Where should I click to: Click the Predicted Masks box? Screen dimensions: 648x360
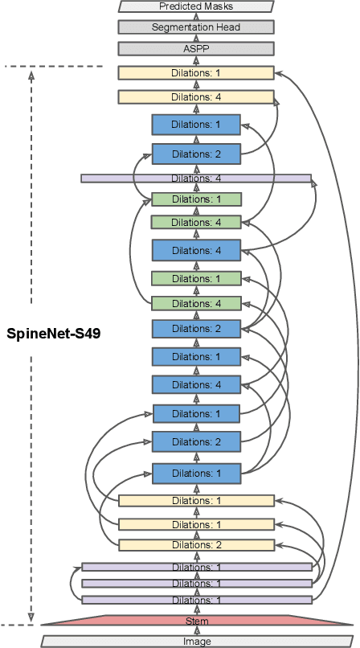pyautogui.click(x=196, y=6)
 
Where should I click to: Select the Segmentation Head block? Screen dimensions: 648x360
pyautogui.click(x=196, y=27)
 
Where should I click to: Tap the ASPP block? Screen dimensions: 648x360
pyautogui.click(x=196, y=48)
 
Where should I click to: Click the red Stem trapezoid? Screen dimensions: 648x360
pyautogui.click(x=196, y=621)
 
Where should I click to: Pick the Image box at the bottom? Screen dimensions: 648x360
pyautogui.click(x=196, y=642)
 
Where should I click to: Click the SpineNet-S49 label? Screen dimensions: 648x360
pyautogui.click(x=53, y=332)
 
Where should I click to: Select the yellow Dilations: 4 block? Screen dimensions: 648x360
pyautogui.click(x=196, y=97)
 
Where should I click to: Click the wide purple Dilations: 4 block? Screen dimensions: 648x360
pyautogui.click(x=196, y=178)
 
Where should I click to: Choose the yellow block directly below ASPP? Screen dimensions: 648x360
pyautogui.click(x=196, y=72)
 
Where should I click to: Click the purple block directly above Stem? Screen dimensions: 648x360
pyautogui.click(x=196, y=600)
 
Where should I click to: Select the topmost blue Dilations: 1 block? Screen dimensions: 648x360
pyautogui.click(x=196, y=125)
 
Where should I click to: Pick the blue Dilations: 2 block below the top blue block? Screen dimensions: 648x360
pyautogui.click(x=196, y=154)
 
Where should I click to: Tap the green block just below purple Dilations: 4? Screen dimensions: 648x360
pyautogui.click(x=196, y=199)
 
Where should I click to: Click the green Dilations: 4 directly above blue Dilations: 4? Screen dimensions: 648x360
pyautogui.click(x=196, y=223)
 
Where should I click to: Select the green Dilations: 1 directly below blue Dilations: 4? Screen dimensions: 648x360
pyautogui.click(x=196, y=279)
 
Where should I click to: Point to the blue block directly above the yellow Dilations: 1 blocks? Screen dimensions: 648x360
pyautogui.click(x=196, y=473)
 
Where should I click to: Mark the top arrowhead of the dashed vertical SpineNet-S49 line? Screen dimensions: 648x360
pyautogui.click(x=31, y=76)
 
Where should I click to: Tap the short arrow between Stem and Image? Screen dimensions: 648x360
pyautogui.click(x=196, y=631)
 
